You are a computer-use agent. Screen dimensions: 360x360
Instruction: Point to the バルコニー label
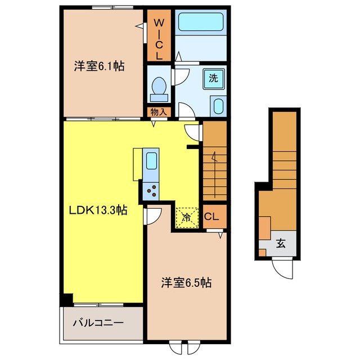[x=98, y=323]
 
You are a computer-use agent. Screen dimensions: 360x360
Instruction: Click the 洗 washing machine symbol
[x=215, y=78]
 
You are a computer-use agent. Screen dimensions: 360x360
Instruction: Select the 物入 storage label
[x=159, y=112]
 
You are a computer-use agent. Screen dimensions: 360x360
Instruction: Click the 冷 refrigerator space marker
[x=187, y=215]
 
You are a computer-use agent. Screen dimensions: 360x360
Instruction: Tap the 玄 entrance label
[x=280, y=244]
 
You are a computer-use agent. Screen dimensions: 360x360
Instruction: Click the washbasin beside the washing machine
[x=217, y=106]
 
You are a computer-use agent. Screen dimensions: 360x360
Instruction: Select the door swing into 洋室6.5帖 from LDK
[x=154, y=215]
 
